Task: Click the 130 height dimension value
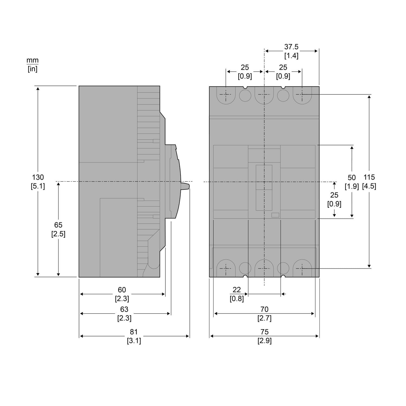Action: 38,177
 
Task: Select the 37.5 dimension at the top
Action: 291,47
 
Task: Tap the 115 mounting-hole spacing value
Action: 369,177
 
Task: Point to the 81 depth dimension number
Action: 134,332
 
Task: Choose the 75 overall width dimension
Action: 264,332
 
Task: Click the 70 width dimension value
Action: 264,309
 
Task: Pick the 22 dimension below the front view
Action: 237,290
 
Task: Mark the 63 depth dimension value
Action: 124,309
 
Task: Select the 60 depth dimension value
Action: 122,290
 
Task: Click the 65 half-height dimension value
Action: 58,225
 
